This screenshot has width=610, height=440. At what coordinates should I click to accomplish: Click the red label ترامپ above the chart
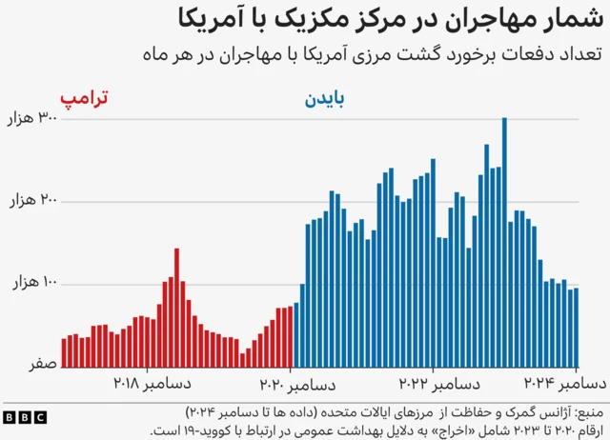(84, 98)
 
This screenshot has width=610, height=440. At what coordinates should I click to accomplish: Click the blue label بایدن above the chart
(325, 98)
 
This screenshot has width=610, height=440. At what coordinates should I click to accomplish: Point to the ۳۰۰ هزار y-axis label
(33, 119)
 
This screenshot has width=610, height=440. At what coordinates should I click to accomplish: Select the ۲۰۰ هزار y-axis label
(33, 202)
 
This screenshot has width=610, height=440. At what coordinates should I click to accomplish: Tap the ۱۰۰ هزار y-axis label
(33, 284)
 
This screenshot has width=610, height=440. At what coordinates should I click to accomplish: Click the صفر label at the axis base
(46, 365)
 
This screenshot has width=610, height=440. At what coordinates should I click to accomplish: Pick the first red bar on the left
(64, 351)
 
